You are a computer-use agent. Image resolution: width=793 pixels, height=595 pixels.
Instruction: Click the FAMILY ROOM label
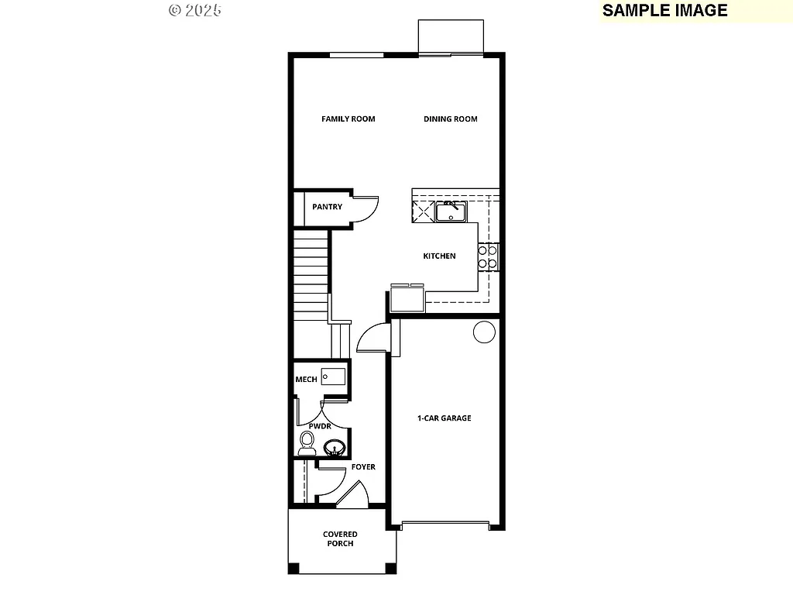(348, 119)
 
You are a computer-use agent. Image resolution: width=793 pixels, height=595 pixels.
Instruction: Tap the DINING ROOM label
(451, 119)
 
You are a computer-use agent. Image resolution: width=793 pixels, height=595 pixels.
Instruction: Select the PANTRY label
(327, 207)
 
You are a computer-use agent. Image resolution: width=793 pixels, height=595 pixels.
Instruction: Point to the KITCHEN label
(439, 256)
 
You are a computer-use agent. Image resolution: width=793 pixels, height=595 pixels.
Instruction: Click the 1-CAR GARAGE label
(445, 418)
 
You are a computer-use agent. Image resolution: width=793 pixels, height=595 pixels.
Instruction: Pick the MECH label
(306, 380)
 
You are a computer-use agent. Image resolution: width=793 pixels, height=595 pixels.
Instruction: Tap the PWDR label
(320, 426)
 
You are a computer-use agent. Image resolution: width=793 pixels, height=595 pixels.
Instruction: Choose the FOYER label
(363, 467)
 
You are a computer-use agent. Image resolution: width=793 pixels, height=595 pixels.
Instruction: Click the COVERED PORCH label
(340, 539)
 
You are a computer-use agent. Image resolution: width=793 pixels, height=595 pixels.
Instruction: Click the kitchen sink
(449, 211)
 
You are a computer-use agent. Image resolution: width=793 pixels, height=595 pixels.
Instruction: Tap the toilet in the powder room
(307, 443)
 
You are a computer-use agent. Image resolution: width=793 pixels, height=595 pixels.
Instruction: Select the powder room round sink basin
(335, 447)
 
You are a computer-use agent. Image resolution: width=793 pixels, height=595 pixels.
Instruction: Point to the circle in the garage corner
(484, 332)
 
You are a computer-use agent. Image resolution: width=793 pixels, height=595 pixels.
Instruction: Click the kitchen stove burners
(488, 256)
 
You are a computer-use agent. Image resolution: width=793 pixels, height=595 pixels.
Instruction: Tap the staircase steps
(311, 279)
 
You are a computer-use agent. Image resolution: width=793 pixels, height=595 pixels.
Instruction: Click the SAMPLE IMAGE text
(665, 10)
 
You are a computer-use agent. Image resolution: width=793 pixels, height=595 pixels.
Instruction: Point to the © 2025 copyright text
(194, 10)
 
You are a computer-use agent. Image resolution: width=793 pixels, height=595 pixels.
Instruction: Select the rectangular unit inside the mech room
(333, 377)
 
